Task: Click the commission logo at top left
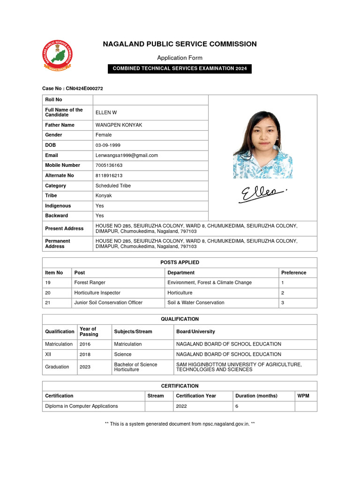point(58,56)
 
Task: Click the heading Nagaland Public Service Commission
point(180,44)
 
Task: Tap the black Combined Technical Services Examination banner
point(180,68)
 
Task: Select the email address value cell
point(127,155)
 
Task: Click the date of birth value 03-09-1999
point(108,145)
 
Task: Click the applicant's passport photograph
point(262,144)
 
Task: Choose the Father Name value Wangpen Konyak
point(119,125)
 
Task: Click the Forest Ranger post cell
point(90,283)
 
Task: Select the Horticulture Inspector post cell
point(97,292)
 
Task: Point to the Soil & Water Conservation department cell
point(195,302)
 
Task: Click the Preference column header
point(293,272)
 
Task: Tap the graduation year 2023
point(85,367)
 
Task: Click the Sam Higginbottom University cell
point(239,367)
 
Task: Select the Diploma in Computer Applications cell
point(82,406)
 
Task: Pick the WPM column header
point(303,396)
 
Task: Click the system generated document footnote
point(180,424)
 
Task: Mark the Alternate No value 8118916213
point(109,175)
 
